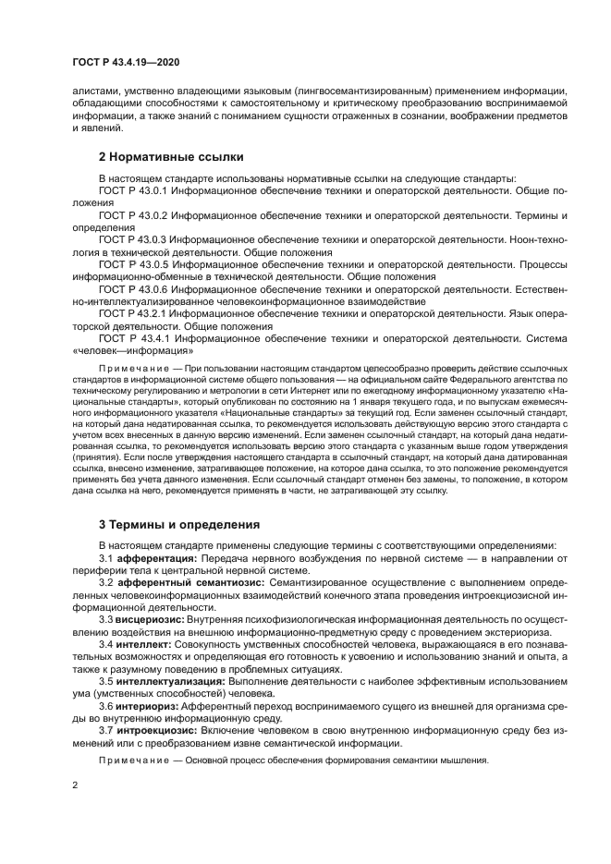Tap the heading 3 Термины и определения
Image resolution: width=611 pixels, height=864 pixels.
click(x=178, y=525)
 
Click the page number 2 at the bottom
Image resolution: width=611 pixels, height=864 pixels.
click(x=75, y=784)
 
